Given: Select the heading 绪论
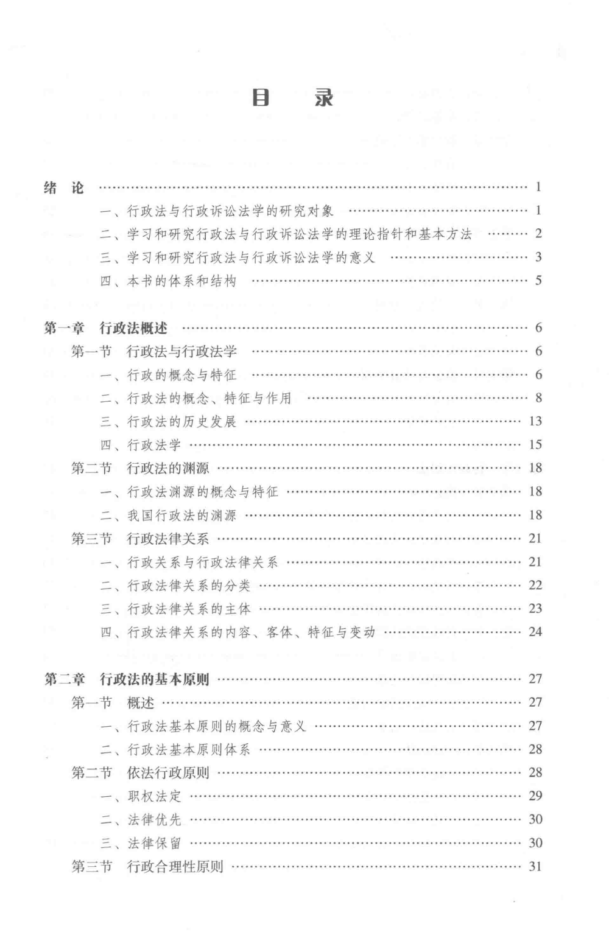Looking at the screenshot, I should coord(64,187).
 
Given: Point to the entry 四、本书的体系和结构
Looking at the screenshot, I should coord(168,281).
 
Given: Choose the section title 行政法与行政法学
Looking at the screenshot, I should coord(181,351).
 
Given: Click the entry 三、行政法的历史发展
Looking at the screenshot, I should coord(168,421).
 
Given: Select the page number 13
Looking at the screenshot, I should coord(535,421).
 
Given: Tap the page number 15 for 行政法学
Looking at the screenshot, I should coord(535,444).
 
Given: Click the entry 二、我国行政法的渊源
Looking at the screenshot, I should coord(168,515).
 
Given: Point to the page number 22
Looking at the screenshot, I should coord(535,585).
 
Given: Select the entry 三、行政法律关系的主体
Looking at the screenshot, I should coord(175,609).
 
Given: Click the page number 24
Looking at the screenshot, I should coord(535,632).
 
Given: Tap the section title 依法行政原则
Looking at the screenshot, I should coord(167,772).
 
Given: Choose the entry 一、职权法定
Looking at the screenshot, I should coord(141,796).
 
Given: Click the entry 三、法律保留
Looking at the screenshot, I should coord(141,843).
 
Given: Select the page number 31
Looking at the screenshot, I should coord(535,866).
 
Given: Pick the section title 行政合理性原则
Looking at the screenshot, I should coord(175,866).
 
